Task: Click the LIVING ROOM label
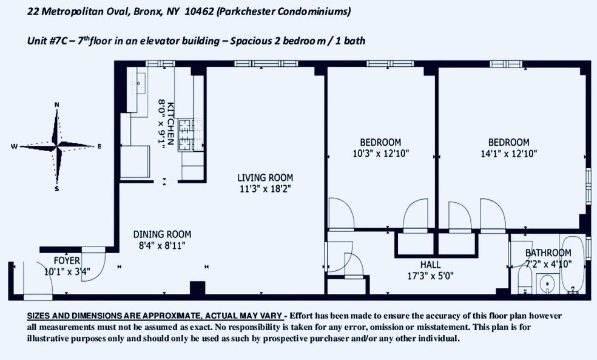(x=265, y=178)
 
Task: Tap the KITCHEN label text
(x=171, y=122)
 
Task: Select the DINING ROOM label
(x=162, y=234)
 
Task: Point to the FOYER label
(x=58, y=260)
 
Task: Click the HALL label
(x=430, y=265)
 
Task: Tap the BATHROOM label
(x=548, y=253)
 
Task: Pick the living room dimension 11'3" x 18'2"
(x=265, y=188)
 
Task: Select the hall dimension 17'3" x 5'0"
(x=430, y=275)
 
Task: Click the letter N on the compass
(x=57, y=105)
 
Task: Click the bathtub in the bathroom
(x=572, y=267)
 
